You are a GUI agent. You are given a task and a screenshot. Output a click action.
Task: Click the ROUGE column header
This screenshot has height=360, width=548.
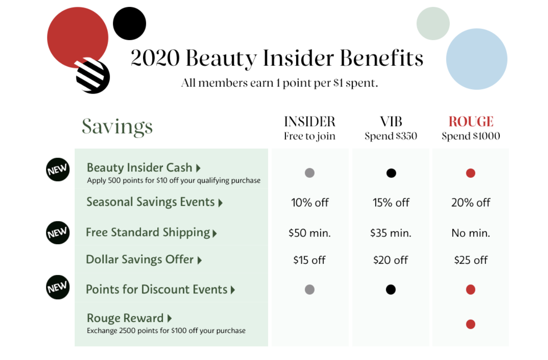click(x=471, y=121)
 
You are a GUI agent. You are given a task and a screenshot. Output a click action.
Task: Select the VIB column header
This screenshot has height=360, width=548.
click(x=391, y=121)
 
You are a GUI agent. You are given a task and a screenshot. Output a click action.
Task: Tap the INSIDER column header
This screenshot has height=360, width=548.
click(x=309, y=121)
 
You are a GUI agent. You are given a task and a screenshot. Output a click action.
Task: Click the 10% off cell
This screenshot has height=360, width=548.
click(x=309, y=203)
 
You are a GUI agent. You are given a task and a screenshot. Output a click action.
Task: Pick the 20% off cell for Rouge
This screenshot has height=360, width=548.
click(x=471, y=203)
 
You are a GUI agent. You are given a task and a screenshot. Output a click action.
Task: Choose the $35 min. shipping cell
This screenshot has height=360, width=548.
click(x=391, y=233)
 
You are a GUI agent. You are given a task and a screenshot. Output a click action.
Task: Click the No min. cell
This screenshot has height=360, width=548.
click(x=471, y=233)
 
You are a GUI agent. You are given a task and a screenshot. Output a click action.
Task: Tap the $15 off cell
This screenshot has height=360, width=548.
click(x=309, y=260)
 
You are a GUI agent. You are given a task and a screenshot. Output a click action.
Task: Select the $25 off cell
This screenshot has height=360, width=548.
click(x=471, y=260)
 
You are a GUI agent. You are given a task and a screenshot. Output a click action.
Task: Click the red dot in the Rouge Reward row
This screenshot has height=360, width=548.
click(x=471, y=324)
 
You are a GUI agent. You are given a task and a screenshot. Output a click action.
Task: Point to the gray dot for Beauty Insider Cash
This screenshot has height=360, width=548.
click(x=309, y=173)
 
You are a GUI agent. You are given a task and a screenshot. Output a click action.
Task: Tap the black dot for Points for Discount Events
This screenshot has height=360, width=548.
click(x=391, y=289)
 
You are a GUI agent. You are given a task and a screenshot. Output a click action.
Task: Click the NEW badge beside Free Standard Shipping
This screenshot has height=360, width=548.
click(x=58, y=233)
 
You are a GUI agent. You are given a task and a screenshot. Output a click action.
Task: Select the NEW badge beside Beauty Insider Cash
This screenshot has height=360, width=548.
click(x=58, y=170)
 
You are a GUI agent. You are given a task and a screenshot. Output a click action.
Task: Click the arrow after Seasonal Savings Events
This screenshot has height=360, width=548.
click(x=221, y=203)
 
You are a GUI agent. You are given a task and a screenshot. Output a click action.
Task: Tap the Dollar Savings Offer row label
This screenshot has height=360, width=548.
click(x=140, y=260)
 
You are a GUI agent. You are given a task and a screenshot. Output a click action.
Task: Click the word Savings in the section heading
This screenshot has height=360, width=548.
click(x=117, y=127)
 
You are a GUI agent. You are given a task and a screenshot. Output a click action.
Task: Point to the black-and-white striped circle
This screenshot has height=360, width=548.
click(x=92, y=76)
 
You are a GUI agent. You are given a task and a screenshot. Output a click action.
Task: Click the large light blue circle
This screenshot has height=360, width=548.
click(x=477, y=59)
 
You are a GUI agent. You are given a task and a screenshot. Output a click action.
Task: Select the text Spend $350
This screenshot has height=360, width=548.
click(x=391, y=136)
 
